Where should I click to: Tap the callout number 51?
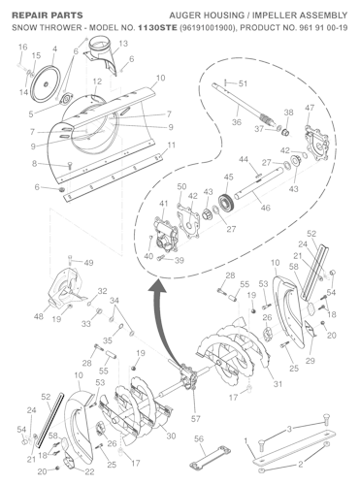coord(243,83)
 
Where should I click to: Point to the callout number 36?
coord(236,122)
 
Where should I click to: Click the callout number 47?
coord(310,108)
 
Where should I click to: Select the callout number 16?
coord(21,60)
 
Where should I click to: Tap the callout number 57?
coord(196,418)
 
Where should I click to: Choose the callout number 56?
coord(199,438)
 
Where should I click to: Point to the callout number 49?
coord(88,263)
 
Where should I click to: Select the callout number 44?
coord(243,159)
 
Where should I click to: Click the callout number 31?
coord(278,384)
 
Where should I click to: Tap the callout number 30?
coord(171,436)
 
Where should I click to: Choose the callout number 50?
coord(182,185)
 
